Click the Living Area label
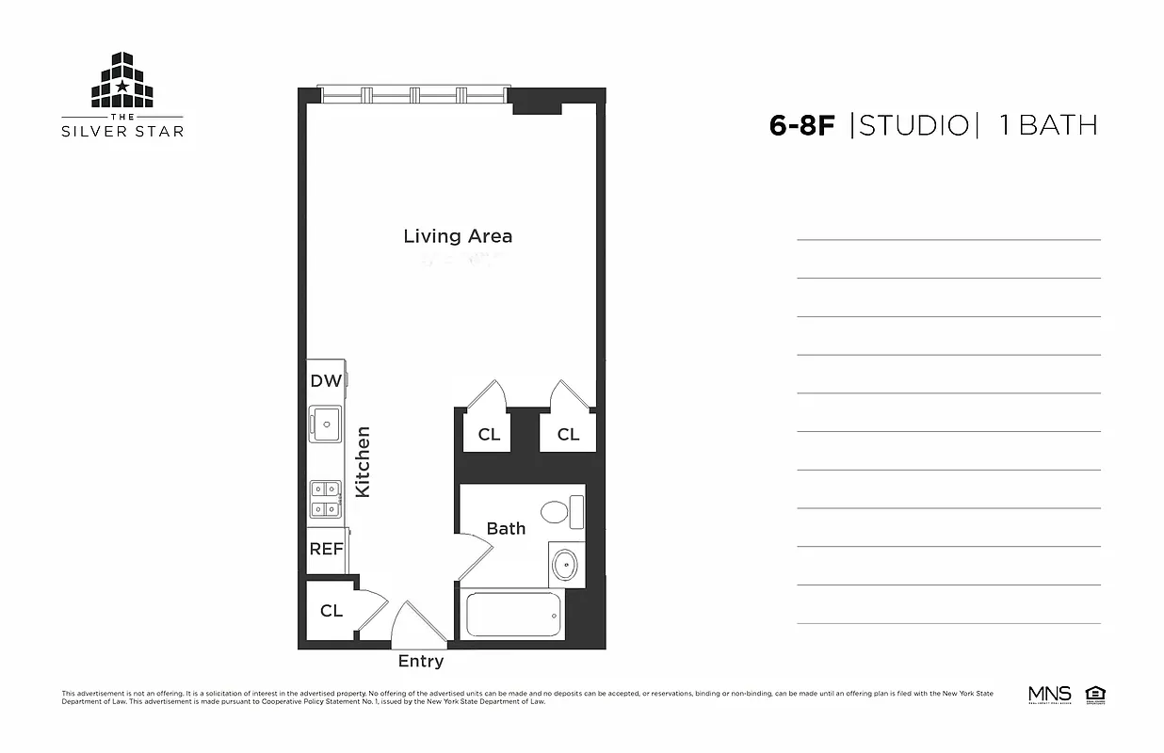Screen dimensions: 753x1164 458,235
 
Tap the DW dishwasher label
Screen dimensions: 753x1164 326,381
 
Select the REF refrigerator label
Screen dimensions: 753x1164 326,548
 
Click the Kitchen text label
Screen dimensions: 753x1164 363,461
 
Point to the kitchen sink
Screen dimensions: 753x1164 326,424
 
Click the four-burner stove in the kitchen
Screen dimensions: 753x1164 326,499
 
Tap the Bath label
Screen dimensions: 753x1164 506,528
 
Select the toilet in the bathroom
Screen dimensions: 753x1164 561,512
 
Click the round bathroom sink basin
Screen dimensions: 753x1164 564,566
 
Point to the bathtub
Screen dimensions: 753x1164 514,615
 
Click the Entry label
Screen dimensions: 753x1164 420,661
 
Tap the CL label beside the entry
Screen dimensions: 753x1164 331,611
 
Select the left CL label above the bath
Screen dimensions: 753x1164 489,434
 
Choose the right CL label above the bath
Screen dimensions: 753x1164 568,434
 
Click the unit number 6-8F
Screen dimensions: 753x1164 802,125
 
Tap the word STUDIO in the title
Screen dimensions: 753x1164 913,125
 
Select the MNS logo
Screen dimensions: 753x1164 1049,695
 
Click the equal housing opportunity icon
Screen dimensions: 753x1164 1095,695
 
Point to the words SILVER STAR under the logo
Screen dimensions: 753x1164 122,131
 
